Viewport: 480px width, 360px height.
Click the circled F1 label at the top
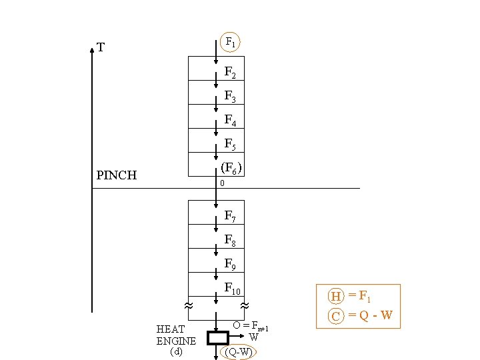pos(230,42)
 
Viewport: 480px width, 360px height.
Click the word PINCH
pos(117,175)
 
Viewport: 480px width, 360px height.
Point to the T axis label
pos(100,47)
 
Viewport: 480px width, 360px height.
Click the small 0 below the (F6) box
pos(222,183)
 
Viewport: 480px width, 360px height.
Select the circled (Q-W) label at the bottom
pos(239,351)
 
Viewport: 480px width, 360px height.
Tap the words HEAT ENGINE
pos(176,335)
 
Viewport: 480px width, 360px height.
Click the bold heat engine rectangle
pos(217,337)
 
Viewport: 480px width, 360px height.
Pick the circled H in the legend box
pos(336,296)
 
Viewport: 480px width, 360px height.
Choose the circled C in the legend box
pos(336,315)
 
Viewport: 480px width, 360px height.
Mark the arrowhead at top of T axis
pos(92,49)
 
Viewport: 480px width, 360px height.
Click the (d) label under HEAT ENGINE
pos(176,351)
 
